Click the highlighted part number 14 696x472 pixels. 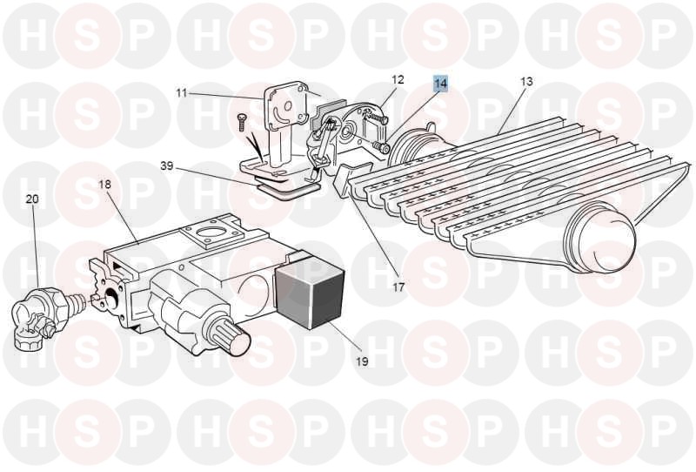(441, 83)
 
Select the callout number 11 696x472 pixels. (182, 93)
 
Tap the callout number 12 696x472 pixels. (398, 79)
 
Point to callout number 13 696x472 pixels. (526, 82)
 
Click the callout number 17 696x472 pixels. (398, 287)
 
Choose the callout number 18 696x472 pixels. (104, 184)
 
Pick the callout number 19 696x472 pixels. (362, 361)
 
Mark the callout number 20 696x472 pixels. (32, 199)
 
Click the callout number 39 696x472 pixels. (167, 166)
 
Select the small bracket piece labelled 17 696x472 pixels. (352, 178)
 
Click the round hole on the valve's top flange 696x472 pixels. (210, 233)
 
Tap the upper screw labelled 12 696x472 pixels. (378, 117)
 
